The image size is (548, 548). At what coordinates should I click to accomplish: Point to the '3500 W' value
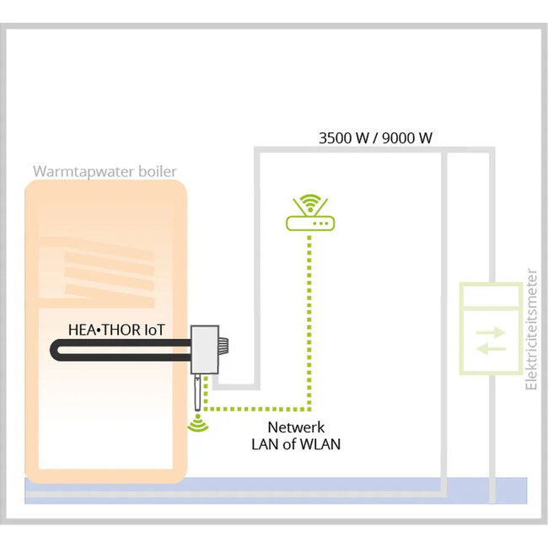point(344,137)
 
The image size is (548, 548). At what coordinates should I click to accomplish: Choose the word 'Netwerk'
point(296,427)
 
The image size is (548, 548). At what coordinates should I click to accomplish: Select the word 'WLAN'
point(320,444)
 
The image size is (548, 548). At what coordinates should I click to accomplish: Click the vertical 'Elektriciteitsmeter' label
point(531,330)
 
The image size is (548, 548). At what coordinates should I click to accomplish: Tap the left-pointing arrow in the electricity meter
point(491,348)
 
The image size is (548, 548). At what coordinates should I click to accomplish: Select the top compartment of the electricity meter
point(490,295)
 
